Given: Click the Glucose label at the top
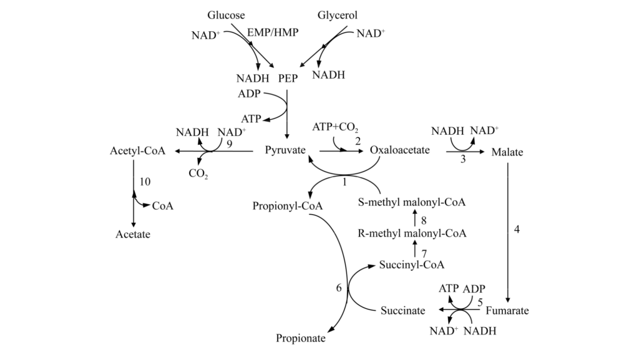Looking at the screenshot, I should tap(226, 15).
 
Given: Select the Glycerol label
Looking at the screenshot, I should tap(338, 15).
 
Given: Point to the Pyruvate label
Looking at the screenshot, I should tap(285, 151).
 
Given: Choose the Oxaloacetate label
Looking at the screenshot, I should tap(400, 151).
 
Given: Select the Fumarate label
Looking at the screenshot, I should tap(507, 310).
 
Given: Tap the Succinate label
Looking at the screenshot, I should tap(403, 310).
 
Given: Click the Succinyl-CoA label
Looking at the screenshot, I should tap(412, 265).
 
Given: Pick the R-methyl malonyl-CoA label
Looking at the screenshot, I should tap(412, 233).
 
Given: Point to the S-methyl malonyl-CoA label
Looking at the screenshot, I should tap(412, 203).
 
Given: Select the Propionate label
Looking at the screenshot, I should tap(301, 338).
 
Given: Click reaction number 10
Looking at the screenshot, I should tap(145, 182).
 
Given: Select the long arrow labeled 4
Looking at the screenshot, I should tap(509, 231).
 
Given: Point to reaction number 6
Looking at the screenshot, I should tap(339, 288).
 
